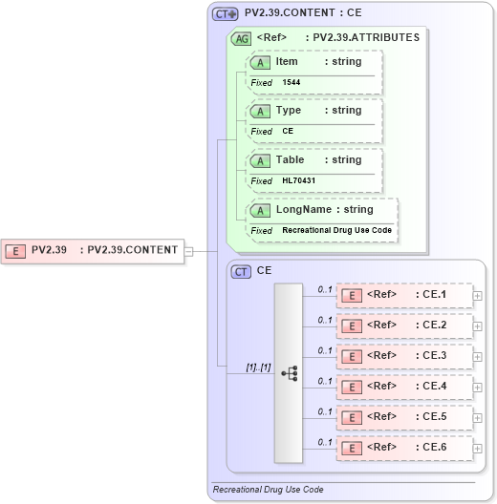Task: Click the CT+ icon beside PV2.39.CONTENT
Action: pyautogui.click(x=226, y=14)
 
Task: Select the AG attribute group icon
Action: pyautogui.click(x=242, y=38)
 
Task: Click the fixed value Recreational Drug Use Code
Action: pyautogui.click(x=336, y=231)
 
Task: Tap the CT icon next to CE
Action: pyautogui.click(x=242, y=272)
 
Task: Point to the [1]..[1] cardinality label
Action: pyautogui.click(x=233, y=367)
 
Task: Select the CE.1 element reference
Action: pyautogui.click(x=404, y=295)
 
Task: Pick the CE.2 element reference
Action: pyautogui.click(x=404, y=325)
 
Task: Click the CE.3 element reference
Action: pyautogui.click(x=404, y=356)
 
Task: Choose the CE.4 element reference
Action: pyautogui.click(x=404, y=387)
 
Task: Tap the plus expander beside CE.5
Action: pyautogui.click(x=478, y=417)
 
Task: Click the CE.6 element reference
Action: pyautogui.click(x=404, y=448)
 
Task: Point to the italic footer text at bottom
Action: pyautogui.click(x=268, y=490)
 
